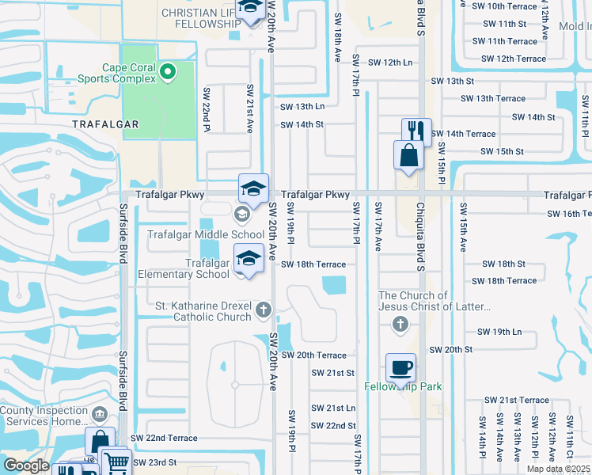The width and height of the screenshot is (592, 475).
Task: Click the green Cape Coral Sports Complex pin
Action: pyautogui.click(x=167, y=74)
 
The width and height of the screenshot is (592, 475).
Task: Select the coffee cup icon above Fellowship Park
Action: pyautogui.click(x=400, y=367)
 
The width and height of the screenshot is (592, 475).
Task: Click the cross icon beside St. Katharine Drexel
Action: pyautogui.click(x=264, y=310)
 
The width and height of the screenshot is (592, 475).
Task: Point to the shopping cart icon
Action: pyautogui.click(x=116, y=462)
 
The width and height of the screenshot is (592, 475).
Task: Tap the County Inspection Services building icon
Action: pyautogui.click(x=100, y=413)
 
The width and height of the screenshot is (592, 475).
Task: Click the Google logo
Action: pyautogui.click(x=26, y=465)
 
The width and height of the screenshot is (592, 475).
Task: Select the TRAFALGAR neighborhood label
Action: pyautogui.click(x=105, y=124)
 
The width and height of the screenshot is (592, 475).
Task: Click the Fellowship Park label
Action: pyautogui.click(x=403, y=386)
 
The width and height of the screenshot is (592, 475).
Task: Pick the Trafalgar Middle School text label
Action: pyautogui.click(x=206, y=234)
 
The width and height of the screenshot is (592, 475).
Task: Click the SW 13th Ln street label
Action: pyautogui.click(x=302, y=106)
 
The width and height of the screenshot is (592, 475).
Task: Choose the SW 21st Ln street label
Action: pyautogui.click(x=333, y=408)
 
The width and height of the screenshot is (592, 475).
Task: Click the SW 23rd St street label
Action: pyautogui.click(x=154, y=462)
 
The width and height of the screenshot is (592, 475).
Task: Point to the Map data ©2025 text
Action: pyautogui.click(x=558, y=469)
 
